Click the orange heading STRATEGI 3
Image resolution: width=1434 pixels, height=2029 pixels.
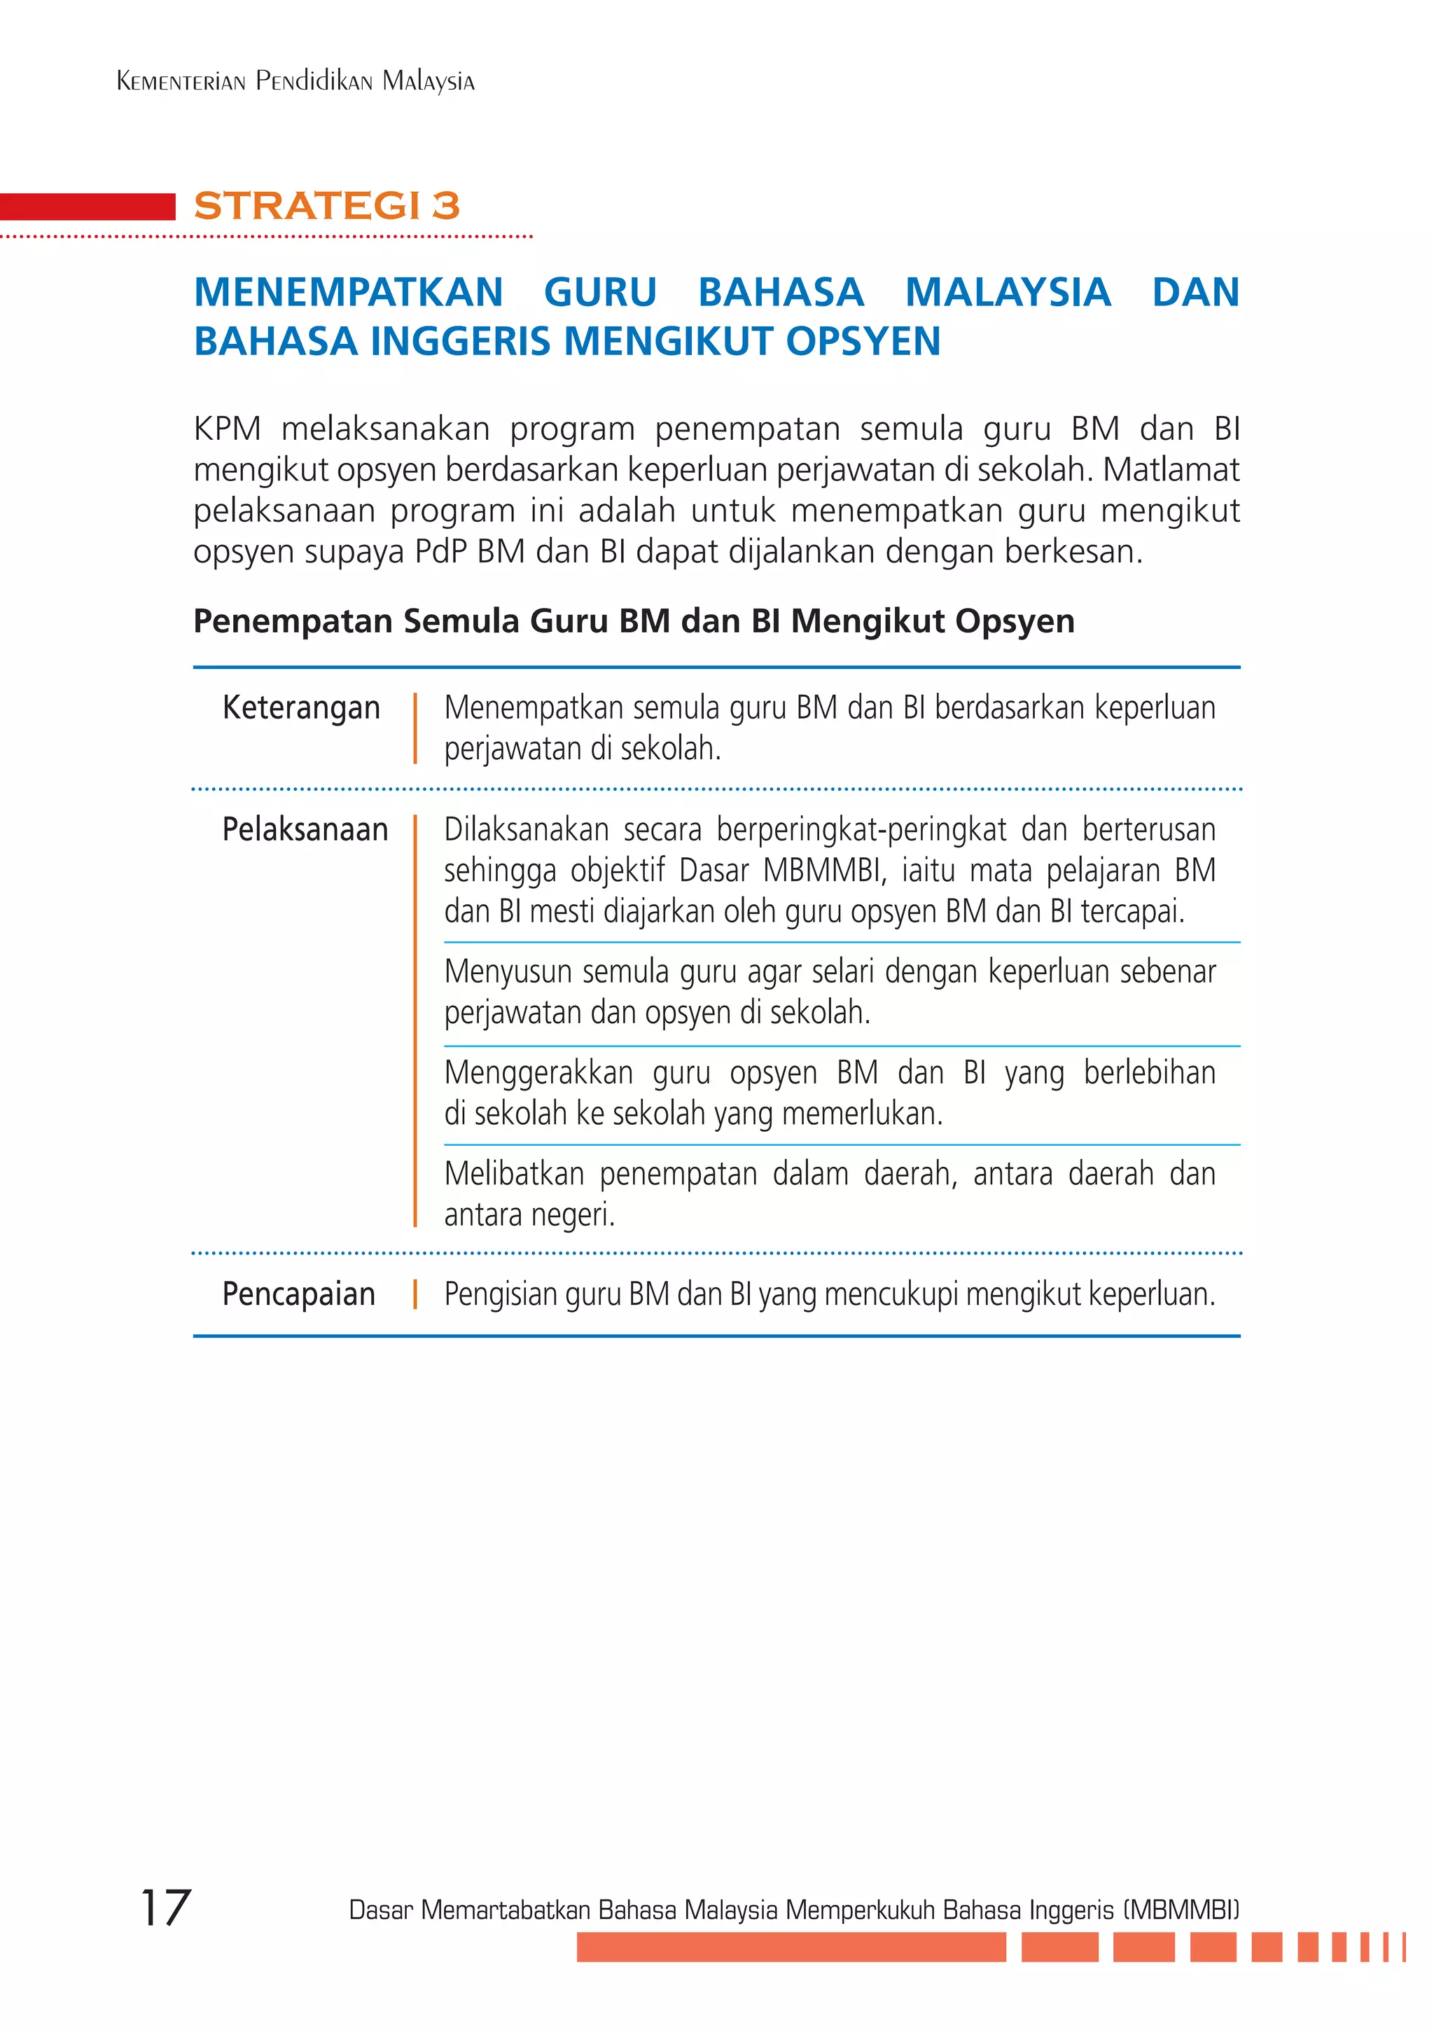[x=327, y=205]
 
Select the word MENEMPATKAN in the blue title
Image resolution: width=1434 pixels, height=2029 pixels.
[x=348, y=293]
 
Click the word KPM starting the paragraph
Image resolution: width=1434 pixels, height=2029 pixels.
[x=227, y=429]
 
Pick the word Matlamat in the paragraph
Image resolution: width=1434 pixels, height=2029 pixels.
[x=1171, y=470]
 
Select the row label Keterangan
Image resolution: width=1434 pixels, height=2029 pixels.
[x=301, y=708]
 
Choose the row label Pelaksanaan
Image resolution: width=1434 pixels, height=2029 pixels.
[x=305, y=830]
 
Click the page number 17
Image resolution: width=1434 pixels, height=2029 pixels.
[x=165, y=1908]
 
